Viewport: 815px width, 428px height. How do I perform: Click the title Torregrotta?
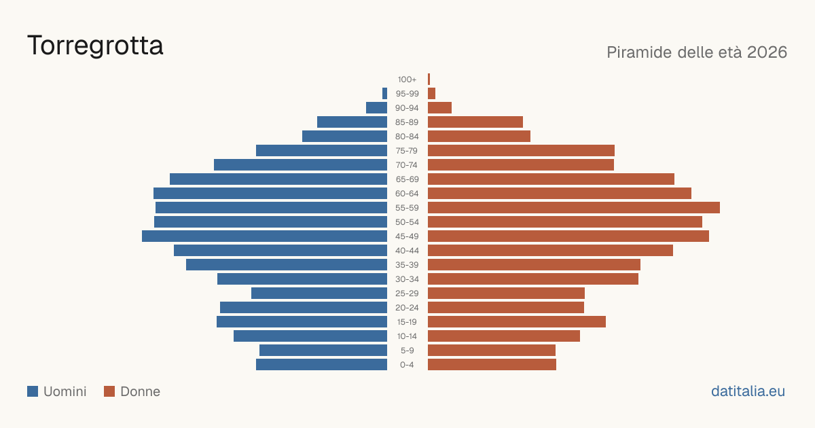[95, 46]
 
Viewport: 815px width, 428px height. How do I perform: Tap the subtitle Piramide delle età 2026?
[697, 52]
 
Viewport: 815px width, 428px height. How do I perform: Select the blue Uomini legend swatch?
[33, 391]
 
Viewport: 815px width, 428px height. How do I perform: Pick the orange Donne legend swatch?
[109, 391]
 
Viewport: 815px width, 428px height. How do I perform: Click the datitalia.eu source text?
[748, 391]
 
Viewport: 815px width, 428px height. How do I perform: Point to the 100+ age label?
[407, 79]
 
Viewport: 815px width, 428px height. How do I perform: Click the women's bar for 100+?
[429, 79]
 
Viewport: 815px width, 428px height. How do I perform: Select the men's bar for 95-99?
[384, 94]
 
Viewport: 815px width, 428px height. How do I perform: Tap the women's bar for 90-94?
[439, 108]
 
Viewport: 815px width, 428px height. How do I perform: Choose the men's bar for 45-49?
[264, 236]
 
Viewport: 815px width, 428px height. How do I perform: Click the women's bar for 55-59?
[574, 208]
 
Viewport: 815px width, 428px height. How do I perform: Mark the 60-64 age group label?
[407, 194]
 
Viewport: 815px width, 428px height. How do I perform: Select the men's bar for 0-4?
[322, 365]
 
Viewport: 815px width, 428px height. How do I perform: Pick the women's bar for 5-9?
[492, 351]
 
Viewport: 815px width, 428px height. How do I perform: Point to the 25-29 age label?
[407, 293]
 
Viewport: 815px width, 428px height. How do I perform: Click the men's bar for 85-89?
[352, 122]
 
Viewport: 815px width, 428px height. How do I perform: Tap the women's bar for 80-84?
[479, 137]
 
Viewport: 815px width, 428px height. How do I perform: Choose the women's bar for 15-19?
[517, 322]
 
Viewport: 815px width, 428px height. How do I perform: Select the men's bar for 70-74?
[300, 165]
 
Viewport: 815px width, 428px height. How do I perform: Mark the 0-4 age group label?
[407, 365]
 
